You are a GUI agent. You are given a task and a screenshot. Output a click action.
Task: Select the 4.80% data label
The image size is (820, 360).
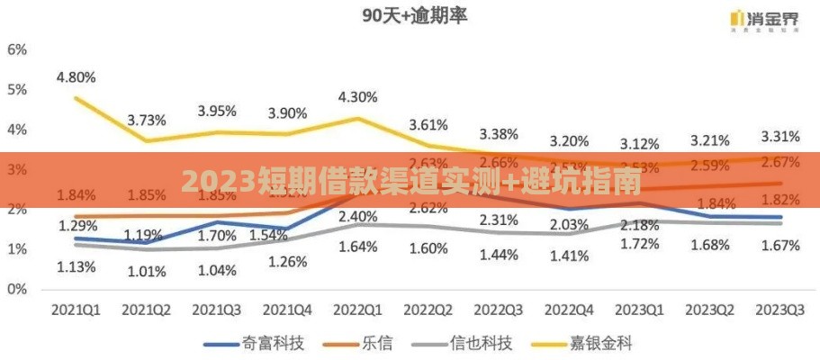tap(77, 77)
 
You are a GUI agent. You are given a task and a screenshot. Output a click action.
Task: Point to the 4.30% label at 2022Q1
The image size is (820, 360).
tap(357, 96)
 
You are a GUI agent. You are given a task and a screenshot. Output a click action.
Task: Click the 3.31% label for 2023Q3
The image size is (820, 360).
tap(780, 137)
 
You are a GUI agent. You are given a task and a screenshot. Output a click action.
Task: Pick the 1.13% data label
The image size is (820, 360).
tap(77, 265)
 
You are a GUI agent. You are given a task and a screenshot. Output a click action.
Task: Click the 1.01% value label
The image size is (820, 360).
tap(147, 271)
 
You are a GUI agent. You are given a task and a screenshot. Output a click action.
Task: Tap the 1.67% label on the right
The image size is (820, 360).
tap(779, 245)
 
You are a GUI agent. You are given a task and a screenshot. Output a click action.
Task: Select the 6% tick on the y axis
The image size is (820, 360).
tap(17, 49)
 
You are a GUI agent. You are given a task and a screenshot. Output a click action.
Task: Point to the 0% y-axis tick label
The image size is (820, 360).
tap(17, 290)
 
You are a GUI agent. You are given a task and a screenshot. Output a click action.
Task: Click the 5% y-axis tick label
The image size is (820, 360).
tap(17, 89)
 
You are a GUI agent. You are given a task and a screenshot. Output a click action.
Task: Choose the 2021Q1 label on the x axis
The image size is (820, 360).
tap(76, 309)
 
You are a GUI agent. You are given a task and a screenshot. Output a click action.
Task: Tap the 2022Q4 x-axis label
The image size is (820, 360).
tap(569, 309)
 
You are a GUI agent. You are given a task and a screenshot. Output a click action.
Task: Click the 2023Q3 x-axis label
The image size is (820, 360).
tap(779, 309)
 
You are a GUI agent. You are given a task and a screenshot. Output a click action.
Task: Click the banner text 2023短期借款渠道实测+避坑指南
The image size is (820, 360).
tap(410, 182)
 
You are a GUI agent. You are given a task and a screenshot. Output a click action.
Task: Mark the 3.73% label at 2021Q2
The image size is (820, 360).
tap(147, 119)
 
